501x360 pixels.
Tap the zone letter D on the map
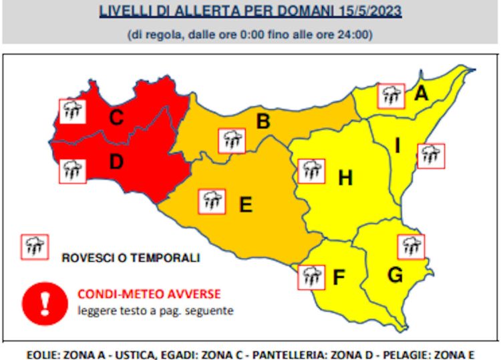[116, 162]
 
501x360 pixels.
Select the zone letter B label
[263, 122]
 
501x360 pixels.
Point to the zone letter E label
[246, 205]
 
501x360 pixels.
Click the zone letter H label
[345, 178]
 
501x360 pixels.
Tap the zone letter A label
[421, 94]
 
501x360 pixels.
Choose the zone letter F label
[339, 277]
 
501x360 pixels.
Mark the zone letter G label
[395, 274]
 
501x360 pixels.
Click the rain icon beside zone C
[71, 111]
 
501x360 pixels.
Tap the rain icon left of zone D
[71, 170]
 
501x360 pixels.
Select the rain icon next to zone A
[391, 96]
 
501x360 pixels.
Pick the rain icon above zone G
[411, 246]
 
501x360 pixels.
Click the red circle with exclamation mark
[44, 303]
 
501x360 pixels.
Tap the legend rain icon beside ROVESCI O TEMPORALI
[35, 247]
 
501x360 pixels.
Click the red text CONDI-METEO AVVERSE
[149, 293]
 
